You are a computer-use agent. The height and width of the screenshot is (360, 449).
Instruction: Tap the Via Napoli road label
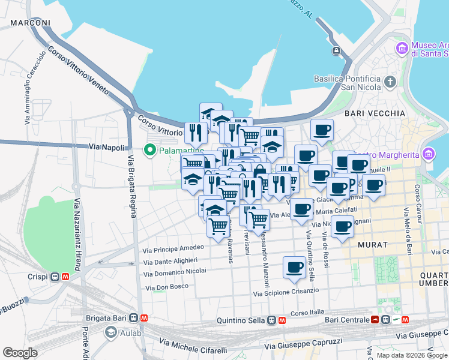pos(107,147)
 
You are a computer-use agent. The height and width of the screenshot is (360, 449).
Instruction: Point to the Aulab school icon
pos(110,332)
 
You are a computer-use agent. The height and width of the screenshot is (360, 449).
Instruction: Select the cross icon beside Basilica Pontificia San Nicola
pos(390,81)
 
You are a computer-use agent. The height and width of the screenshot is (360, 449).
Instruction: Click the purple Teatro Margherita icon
pos(428,154)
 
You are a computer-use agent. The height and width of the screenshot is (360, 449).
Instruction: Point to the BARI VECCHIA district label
pos(375,113)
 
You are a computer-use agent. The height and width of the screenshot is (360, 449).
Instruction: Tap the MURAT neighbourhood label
pos(372,245)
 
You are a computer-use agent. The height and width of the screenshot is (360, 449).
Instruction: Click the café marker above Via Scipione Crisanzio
pos(294,267)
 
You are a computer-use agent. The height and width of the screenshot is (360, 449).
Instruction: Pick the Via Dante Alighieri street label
pos(170,261)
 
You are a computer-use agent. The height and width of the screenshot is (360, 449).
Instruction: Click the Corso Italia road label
pos(307,313)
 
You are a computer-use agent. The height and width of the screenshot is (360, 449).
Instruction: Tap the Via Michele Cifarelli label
pos(193,345)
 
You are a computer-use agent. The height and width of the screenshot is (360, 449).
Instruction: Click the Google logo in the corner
pos(20,353)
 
